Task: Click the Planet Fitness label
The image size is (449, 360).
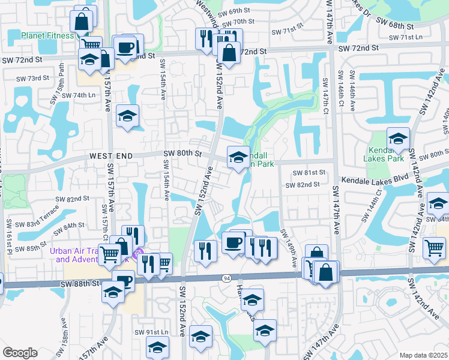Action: tap(47, 35)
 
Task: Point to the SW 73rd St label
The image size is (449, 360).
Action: tap(32, 79)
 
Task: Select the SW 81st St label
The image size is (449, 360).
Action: tap(309, 172)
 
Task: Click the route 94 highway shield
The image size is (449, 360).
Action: tap(226, 279)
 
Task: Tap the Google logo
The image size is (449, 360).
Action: tap(20, 353)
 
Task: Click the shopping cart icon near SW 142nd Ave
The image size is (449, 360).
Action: tap(434, 247)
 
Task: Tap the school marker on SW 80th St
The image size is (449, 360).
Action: tap(238, 158)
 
